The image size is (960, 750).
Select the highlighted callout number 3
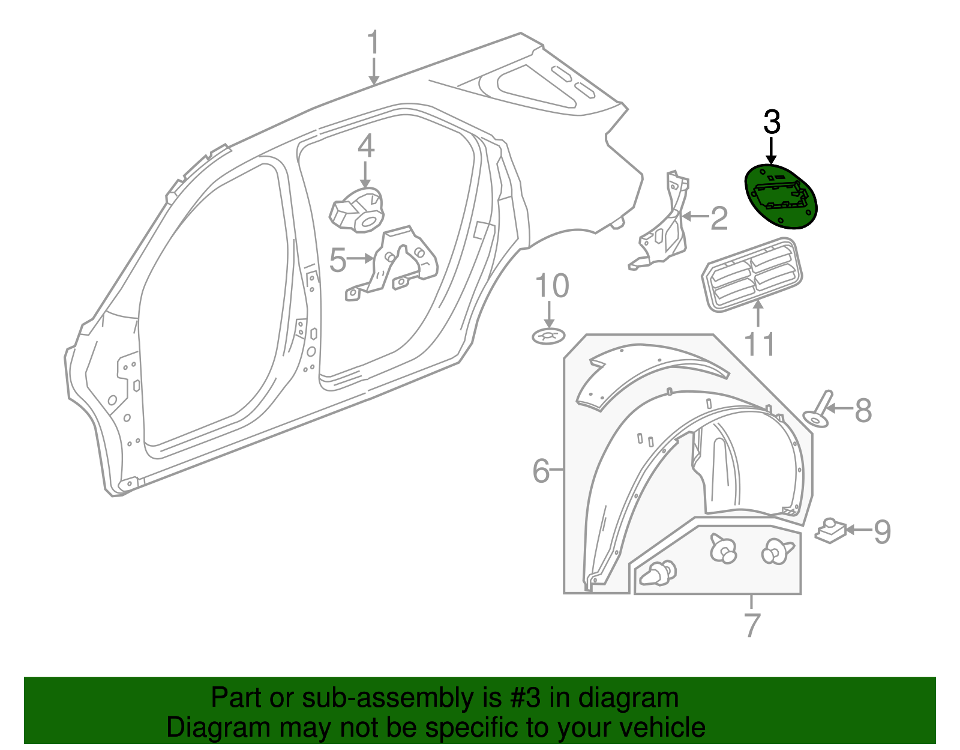tap(772, 122)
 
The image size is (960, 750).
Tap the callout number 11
tap(759, 345)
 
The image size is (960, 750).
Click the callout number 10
tap(551, 286)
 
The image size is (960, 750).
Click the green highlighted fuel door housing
tap(781, 197)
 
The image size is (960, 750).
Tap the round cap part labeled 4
tap(356, 210)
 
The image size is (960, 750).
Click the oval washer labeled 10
tap(548, 337)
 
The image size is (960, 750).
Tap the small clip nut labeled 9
tap(830, 530)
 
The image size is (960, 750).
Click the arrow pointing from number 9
tap(857, 530)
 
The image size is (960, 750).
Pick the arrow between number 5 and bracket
tap(361, 259)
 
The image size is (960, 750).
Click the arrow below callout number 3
tap(772, 150)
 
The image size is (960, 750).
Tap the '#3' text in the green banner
tap(525, 698)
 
